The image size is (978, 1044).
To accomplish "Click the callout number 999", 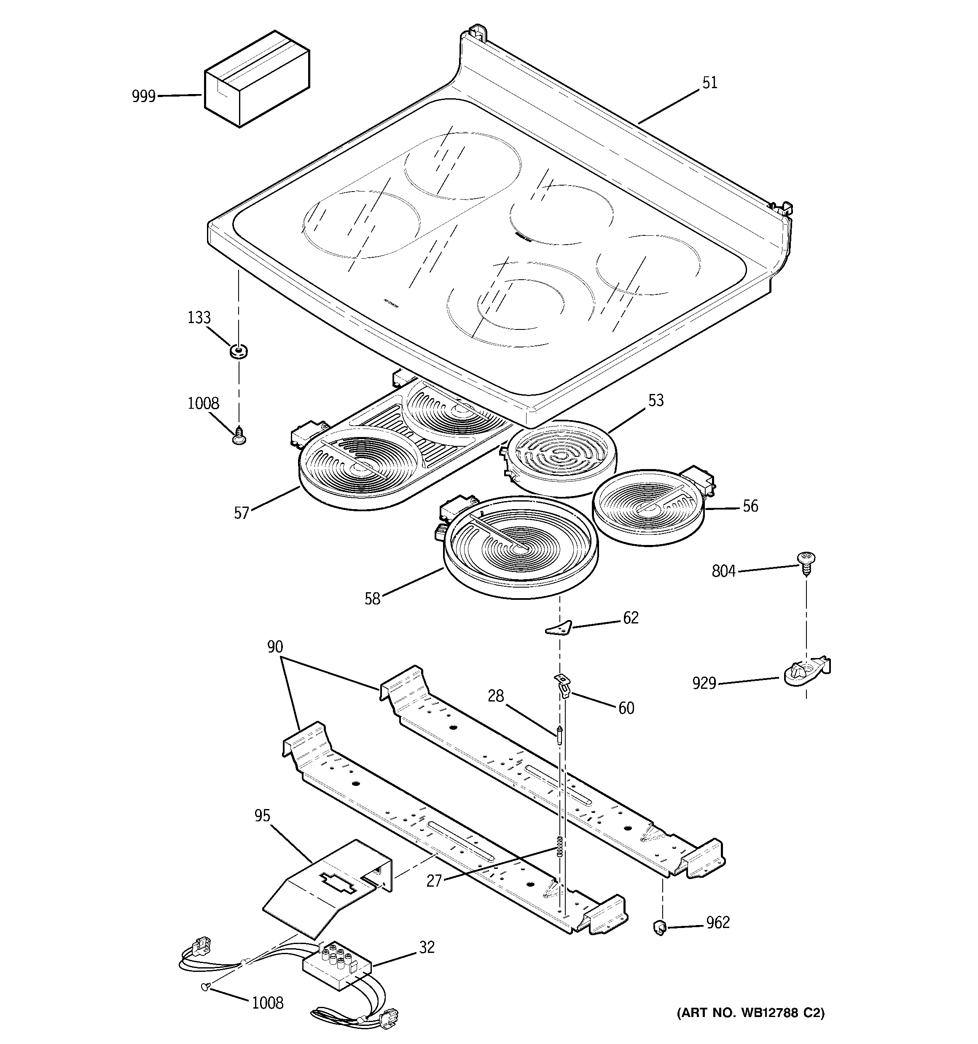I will click(143, 97).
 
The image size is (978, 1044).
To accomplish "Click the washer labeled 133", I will click(239, 351).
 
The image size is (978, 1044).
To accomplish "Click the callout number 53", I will click(656, 401).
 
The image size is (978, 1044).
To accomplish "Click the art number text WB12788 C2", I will click(750, 1012).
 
